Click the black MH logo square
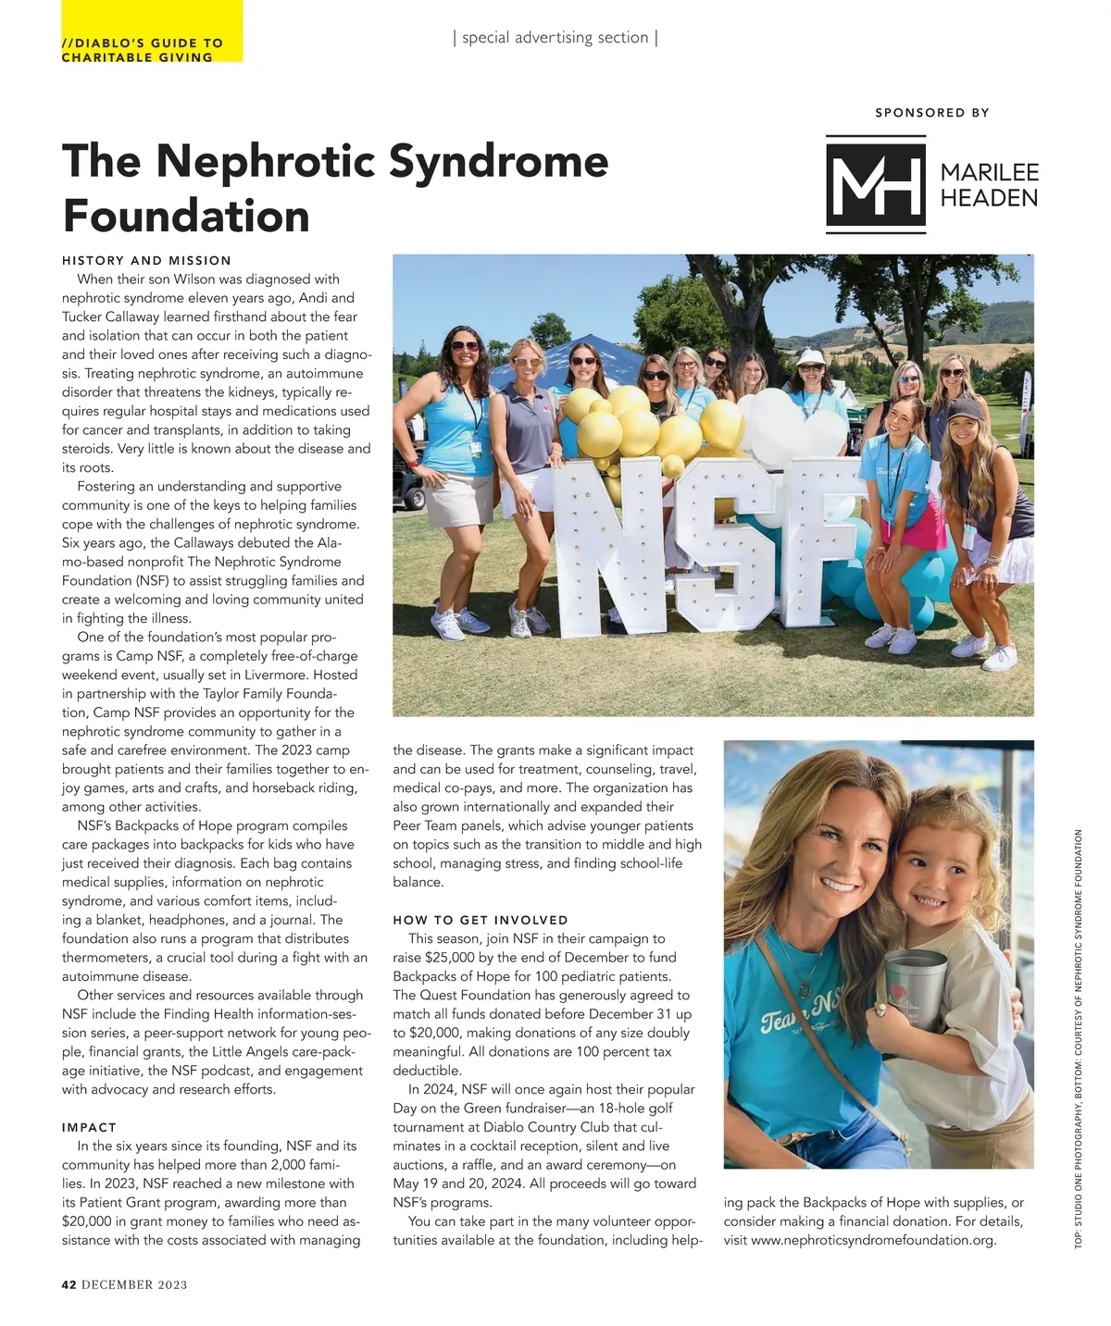(x=875, y=183)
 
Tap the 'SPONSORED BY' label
(x=931, y=113)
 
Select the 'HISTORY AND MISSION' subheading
(x=146, y=261)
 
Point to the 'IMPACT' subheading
(x=89, y=1127)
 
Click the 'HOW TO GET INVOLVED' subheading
(x=481, y=920)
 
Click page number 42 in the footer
(x=69, y=1284)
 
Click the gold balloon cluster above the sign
(x=630, y=421)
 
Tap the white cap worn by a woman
(x=810, y=356)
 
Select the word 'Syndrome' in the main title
(x=498, y=161)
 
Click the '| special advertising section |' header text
(x=555, y=38)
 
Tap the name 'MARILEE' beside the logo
(x=989, y=173)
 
